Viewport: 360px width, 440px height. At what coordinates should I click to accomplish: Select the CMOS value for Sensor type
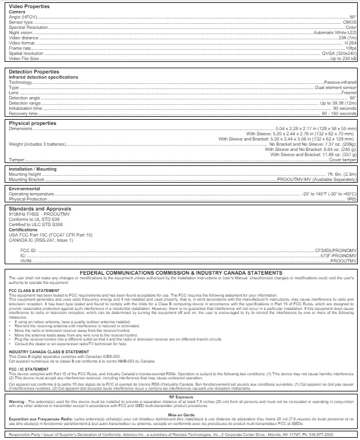coord(350,22)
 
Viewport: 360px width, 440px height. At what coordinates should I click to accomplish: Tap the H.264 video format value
coord(350,43)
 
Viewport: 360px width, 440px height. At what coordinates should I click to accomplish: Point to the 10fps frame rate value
coord(351,48)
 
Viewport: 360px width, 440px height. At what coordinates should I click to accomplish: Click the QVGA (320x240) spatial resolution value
coord(338,53)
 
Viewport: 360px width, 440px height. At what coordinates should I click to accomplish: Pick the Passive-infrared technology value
coord(340,82)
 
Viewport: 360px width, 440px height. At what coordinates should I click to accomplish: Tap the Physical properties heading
coord(32,123)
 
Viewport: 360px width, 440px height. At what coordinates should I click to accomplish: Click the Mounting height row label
coord(24,174)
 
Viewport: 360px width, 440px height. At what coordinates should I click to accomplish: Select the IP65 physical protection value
coord(351,199)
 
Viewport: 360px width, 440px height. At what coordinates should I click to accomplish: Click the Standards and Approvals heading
coord(40,209)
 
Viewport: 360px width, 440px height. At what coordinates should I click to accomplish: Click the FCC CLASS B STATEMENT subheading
coord(34,290)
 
